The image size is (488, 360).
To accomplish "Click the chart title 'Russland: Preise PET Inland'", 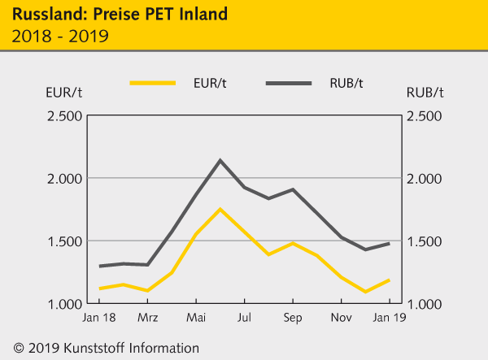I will click(114, 15).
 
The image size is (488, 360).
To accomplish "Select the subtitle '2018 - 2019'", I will click(56, 36).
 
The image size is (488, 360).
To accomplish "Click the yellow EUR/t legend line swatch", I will click(152, 83).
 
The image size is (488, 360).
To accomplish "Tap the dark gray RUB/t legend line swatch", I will click(288, 83).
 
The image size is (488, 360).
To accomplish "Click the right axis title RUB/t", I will click(424, 92).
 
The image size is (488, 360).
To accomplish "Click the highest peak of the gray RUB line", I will click(220, 160).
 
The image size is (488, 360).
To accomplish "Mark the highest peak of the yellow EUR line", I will click(220, 209).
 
